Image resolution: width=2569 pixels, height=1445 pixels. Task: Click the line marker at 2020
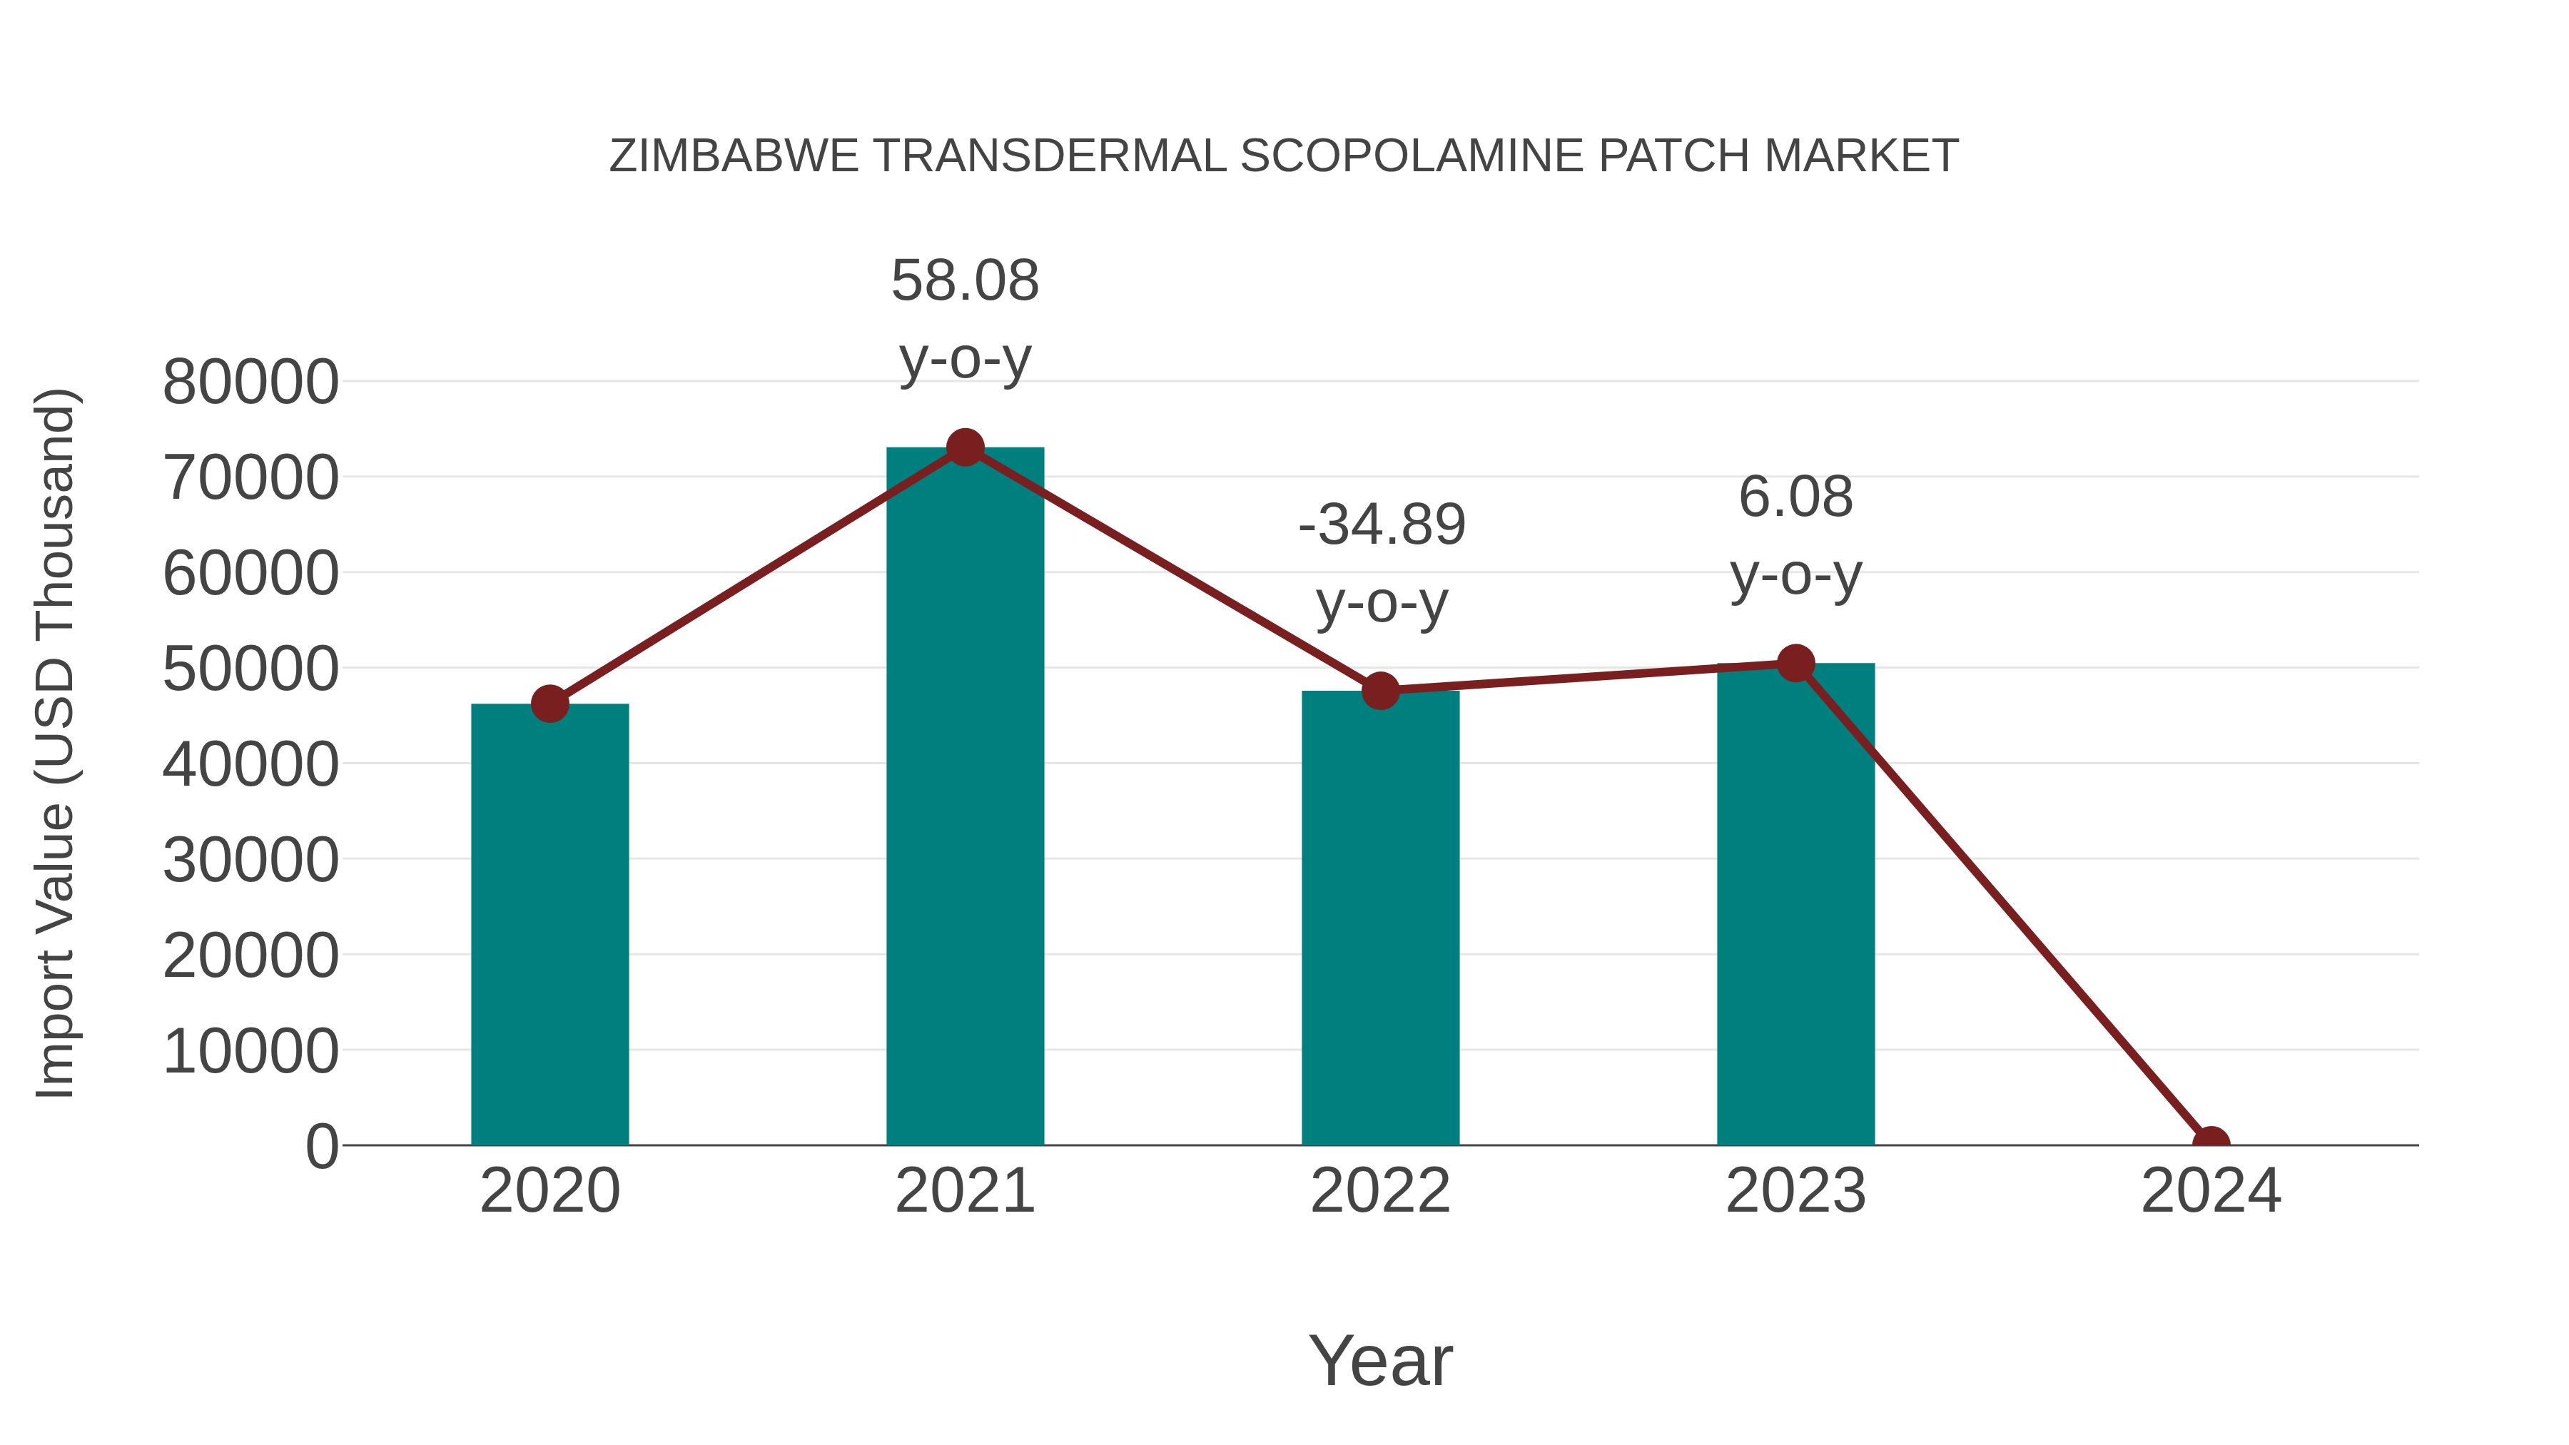[549, 704]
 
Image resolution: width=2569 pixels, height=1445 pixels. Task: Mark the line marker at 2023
[1795, 663]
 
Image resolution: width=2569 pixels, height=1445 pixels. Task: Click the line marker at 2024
[2211, 1143]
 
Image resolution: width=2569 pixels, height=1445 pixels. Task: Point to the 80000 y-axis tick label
[250, 382]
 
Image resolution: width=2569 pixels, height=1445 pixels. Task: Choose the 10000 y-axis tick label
[250, 1051]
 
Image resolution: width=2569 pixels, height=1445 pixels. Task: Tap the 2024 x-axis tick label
[2211, 1191]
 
